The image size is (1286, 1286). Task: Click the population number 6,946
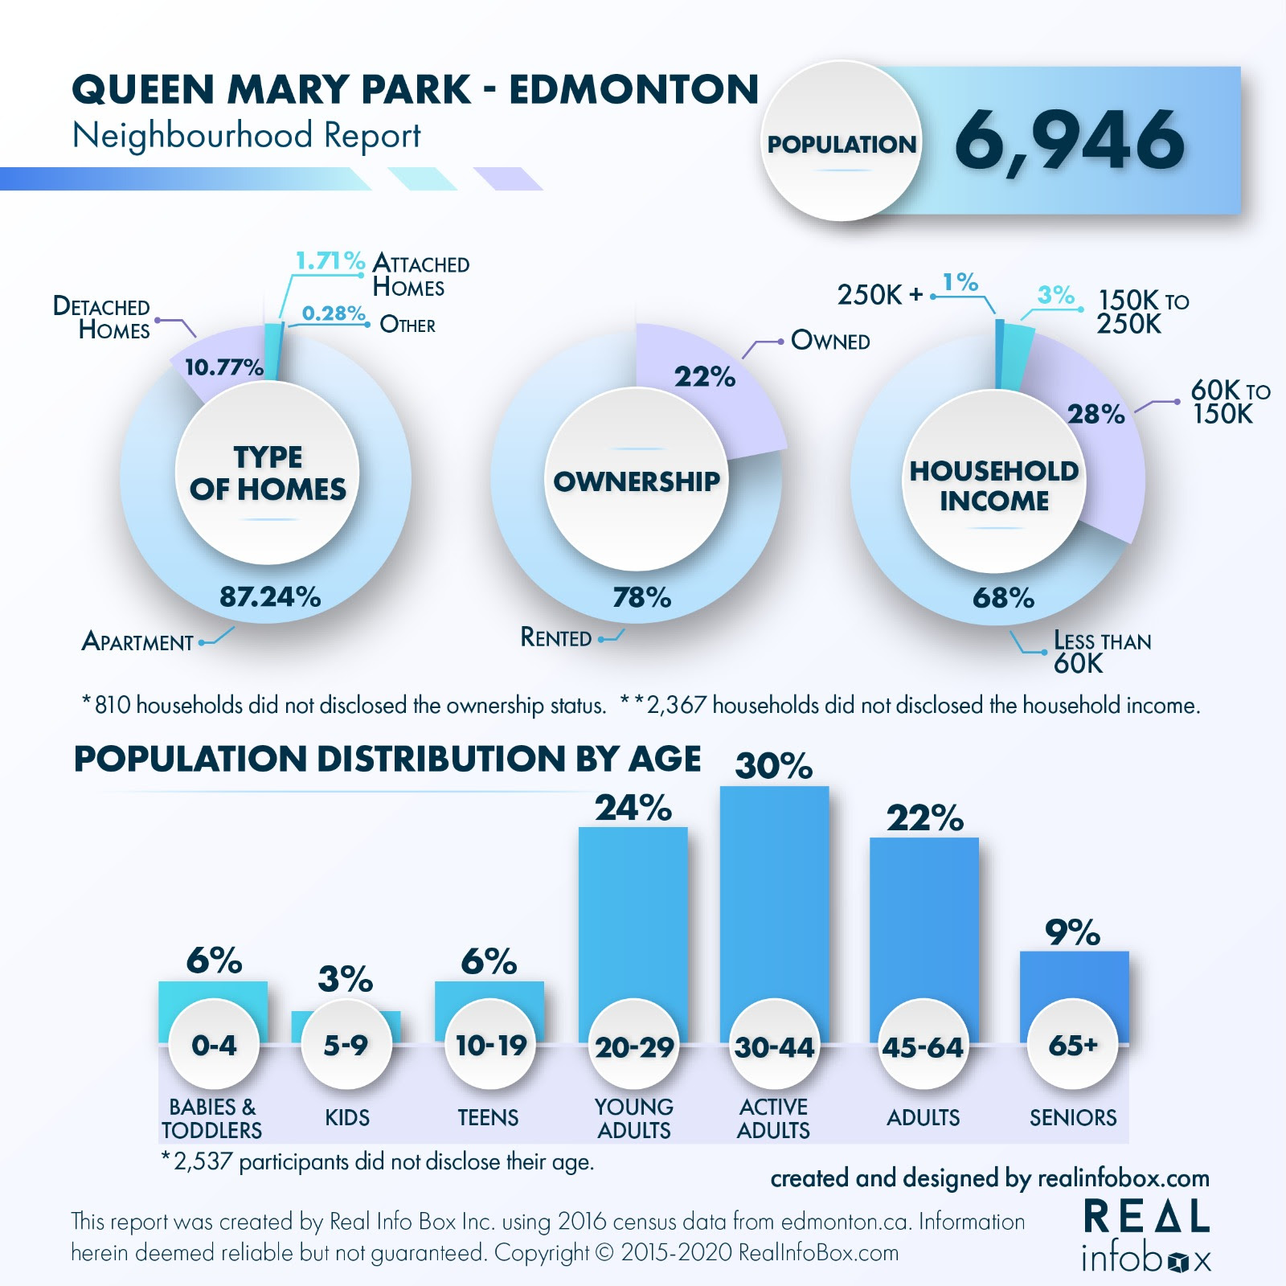coord(1069,141)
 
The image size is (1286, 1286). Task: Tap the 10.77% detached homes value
coord(223,367)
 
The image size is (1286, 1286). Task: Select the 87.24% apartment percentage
coord(270,596)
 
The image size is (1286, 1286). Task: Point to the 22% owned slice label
coord(705,376)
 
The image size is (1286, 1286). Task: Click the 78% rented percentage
coord(641,597)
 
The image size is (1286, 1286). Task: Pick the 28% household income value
coord(1096,414)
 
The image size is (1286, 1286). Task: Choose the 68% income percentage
coord(1003,597)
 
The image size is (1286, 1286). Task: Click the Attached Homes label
coord(420,275)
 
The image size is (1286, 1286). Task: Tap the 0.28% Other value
coord(334,313)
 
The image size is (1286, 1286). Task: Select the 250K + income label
coord(880,295)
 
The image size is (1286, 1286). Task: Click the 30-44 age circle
coord(774,1046)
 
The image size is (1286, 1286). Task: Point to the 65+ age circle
coord(1073,1044)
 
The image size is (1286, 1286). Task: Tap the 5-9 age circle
coord(346,1044)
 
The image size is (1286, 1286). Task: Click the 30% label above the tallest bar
coord(773,766)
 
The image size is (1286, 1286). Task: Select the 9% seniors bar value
coord(1072,932)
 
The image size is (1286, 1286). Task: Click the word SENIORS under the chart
coord(1073,1117)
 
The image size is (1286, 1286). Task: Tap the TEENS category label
coord(488,1117)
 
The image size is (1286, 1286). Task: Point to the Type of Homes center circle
coord(268,473)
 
